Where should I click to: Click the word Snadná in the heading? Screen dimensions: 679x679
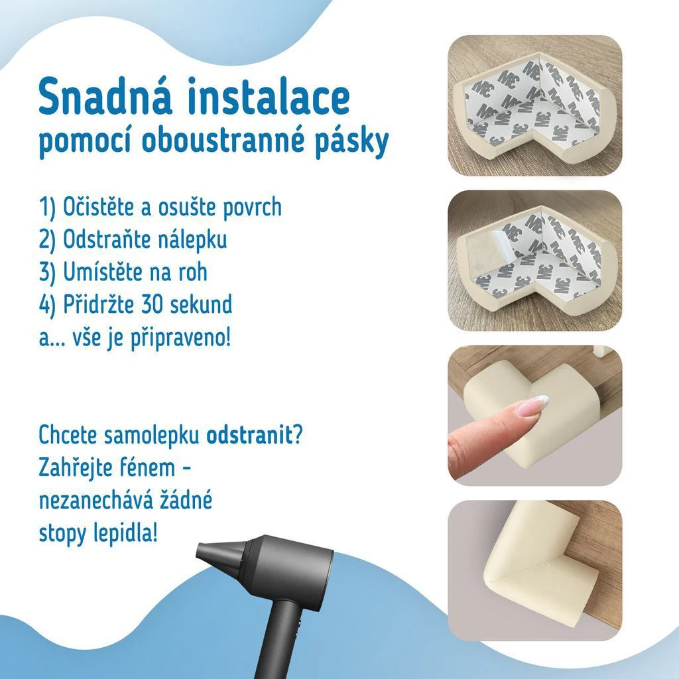point(105,95)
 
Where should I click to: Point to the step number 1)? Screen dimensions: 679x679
point(48,207)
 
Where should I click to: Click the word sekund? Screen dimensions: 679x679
point(201,304)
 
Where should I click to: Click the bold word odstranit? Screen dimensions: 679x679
point(254,434)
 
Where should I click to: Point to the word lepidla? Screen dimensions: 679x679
point(125,534)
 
